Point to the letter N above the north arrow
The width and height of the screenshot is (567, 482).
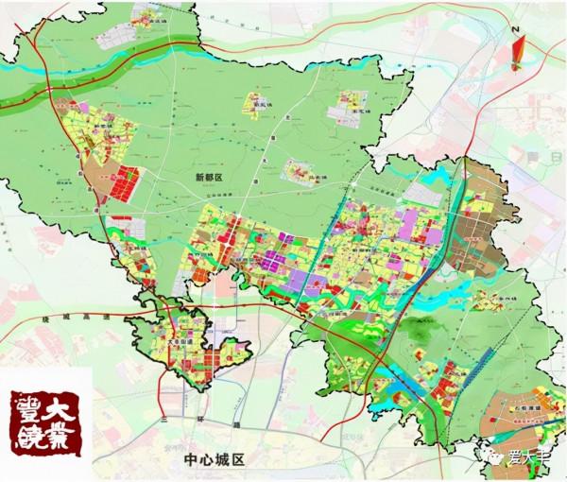(x=515, y=31)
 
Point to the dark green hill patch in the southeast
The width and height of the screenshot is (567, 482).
(x=416, y=340)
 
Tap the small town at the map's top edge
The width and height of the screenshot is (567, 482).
(x=152, y=16)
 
